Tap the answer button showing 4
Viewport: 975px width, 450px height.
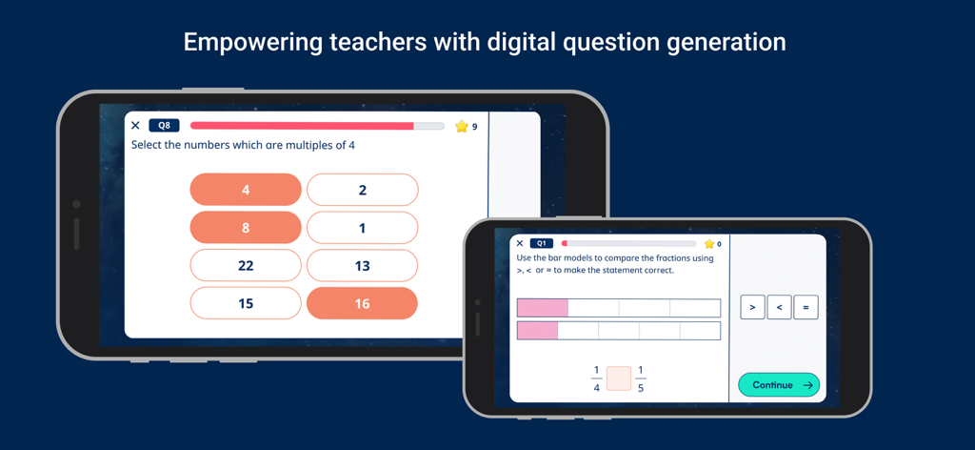point(246,190)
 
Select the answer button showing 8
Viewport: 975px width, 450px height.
point(246,228)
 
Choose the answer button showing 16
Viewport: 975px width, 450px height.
point(362,303)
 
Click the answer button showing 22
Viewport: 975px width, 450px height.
point(246,265)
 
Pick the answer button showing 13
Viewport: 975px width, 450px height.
point(362,265)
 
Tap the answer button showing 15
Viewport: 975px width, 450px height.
point(246,303)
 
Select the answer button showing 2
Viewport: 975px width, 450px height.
point(362,190)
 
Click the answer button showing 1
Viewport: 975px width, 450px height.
point(362,228)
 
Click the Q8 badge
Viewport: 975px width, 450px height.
point(164,126)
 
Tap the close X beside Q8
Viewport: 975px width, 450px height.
point(135,126)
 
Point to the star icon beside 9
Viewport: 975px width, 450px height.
point(462,126)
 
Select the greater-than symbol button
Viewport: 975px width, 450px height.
point(752,307)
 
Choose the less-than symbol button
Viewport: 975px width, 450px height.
point(779,307)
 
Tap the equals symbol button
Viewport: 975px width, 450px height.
point(806,307)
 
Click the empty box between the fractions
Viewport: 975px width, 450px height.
point(619,378)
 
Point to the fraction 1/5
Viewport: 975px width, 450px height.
point(640,378)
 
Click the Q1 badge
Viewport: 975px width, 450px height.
point(541,244)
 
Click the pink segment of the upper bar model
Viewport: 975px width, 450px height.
point(543,308)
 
